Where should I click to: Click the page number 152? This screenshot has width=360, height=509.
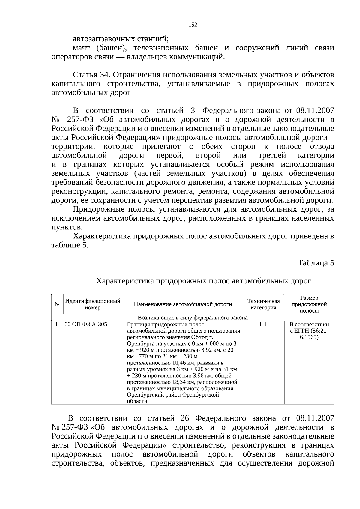coord(193,25)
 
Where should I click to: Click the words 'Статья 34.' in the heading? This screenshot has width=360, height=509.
coord(92,75)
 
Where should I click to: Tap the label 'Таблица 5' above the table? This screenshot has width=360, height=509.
coord(316,263)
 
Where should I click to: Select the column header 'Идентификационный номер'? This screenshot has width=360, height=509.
coord(93,304)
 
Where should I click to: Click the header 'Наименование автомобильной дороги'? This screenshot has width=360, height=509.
coord(183,304)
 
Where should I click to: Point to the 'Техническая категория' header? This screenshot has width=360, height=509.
coord(263,304)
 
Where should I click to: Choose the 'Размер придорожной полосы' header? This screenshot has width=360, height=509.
coord(309,304)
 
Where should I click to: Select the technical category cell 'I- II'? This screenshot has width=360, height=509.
coord(264,325)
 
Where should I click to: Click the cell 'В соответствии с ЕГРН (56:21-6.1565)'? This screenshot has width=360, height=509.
coord(309,331)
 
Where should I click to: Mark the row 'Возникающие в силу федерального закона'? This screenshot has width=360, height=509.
coord(193,318)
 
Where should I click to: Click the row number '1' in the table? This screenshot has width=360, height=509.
coord(56,325)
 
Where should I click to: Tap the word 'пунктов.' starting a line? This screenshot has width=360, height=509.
coord(67,227)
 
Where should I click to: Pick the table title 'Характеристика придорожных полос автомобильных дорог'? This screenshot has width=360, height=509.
coord(203,281)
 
